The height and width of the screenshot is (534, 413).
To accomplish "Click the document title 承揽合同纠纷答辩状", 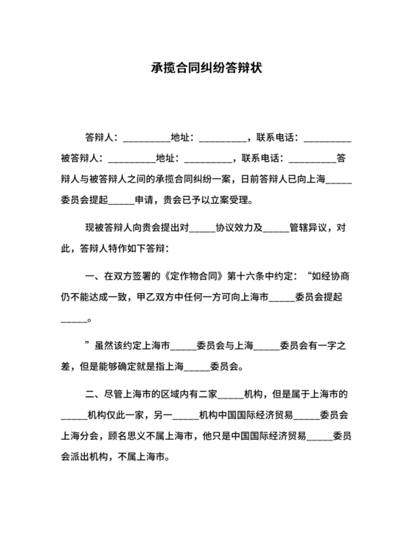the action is [206, 68].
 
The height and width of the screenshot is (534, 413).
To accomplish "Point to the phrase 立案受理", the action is [235, 199].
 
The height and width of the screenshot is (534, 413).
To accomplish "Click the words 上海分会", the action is [80, 435].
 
